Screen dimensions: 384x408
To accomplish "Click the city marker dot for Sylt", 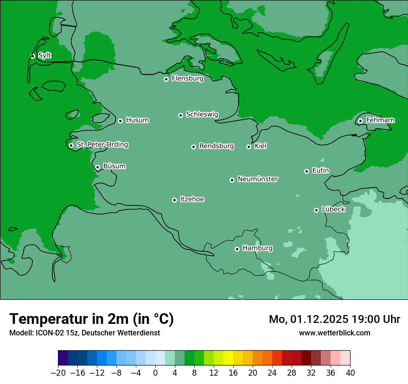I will tap(32, 56).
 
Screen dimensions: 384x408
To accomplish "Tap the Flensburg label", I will tap(187, 79).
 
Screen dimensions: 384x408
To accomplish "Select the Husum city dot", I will tap(120, 121).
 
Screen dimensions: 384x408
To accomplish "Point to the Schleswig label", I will tap(202, 114).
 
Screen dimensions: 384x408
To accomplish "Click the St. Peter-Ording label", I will tap(102, 145).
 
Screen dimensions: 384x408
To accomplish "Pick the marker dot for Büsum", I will tap(97, 167).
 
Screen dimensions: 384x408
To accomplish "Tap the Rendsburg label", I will tap(216, 146).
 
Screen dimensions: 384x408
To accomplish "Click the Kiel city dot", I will tap(249, 147).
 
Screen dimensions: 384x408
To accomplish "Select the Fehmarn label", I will tap(380, 120).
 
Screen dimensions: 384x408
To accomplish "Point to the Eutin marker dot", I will tap(306, 171).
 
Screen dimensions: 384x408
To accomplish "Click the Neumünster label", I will tap(257, 179).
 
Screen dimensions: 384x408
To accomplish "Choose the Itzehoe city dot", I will tap(174, 200).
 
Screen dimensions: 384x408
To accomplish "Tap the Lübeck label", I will tap(333, 210).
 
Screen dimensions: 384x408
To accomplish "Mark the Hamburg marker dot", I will tap(237, 249).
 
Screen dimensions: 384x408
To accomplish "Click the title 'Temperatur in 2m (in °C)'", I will tap(91, 319).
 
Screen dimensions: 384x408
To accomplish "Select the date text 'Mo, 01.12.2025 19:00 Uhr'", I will tap(334, 319).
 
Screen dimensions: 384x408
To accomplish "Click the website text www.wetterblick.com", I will tap(334, 333).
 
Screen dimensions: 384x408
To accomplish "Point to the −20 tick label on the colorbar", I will tap(58, 373).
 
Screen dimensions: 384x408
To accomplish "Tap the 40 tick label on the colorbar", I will tap(350, 373).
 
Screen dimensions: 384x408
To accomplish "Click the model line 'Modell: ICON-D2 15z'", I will tap(44, 333).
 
